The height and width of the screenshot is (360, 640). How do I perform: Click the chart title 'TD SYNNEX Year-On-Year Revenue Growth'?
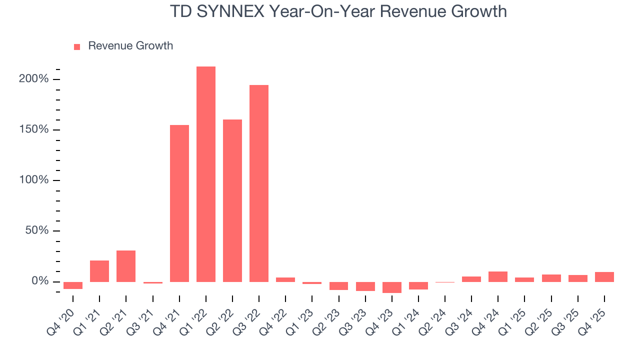(x=338, y=11)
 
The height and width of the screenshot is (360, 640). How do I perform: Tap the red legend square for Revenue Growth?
(x=77, y=46)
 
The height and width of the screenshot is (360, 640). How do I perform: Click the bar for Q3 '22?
(x=259, y=183)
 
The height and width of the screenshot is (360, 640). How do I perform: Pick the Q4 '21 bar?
(x=179, y=203)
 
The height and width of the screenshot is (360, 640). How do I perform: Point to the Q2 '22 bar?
(x=232, y=200)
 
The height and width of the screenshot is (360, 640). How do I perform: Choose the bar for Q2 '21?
(x=126, y=266)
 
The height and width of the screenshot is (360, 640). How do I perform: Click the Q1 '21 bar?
(x=99, y=271)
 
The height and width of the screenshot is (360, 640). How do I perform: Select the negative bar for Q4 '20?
(x=73, y=285)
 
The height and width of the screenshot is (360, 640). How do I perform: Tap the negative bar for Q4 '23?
(x=392, y=287)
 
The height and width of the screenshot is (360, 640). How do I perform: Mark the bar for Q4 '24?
(x=498, y=276)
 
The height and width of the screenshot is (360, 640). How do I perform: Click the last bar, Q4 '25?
(x=604, y=277)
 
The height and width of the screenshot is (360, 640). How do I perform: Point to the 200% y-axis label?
(x=34, y=79)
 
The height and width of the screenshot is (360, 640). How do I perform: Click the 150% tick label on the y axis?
(x=34, y=129)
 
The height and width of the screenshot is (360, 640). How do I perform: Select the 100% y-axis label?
(x=34, y=180)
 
